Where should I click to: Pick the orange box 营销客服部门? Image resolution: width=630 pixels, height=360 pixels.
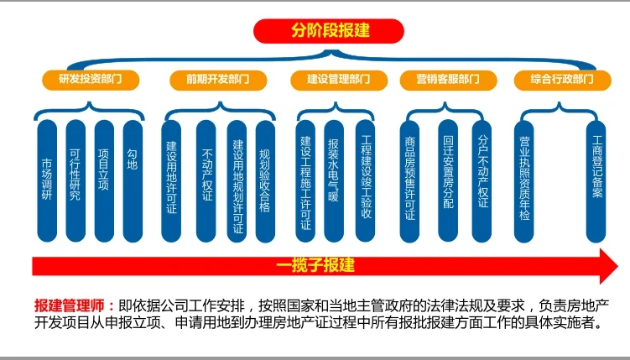446,80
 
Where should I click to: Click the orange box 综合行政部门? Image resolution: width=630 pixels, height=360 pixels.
561,80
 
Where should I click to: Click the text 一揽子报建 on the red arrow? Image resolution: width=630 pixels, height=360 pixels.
316,265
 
